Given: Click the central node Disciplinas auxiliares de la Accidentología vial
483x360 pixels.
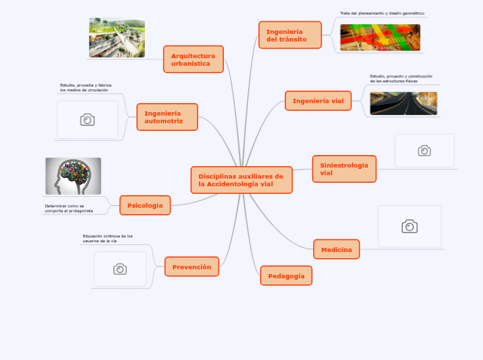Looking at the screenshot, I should (241, 180).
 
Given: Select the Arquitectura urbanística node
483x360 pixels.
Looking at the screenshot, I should (193, 60).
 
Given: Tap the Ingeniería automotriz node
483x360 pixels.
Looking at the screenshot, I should (167, 117).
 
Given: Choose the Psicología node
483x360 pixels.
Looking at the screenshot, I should (145, 205).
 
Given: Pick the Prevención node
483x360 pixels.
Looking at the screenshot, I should (192, 267).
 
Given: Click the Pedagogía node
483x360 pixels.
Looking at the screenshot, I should (286, 276).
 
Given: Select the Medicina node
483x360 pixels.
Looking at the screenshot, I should (336, 249).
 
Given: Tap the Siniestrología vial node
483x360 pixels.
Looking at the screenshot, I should (344, 169).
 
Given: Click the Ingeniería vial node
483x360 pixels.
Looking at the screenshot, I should (318, 101).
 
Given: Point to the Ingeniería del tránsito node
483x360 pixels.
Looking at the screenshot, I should (290, 35).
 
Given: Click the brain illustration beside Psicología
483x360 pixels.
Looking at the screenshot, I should (73, 176).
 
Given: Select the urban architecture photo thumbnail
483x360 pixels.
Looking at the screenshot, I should (117, 38).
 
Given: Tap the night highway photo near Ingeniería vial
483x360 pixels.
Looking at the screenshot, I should (403, 103).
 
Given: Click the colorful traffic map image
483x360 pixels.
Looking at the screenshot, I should (380, 37).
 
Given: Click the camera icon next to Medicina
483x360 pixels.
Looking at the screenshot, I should (410, 226).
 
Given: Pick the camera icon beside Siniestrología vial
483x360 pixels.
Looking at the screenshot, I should (424, 151).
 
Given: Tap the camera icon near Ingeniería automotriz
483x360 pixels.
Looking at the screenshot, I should (87, 120).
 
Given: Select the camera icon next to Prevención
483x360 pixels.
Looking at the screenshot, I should (120, 269).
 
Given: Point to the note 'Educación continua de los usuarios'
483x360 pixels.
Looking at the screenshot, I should (107, 238).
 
